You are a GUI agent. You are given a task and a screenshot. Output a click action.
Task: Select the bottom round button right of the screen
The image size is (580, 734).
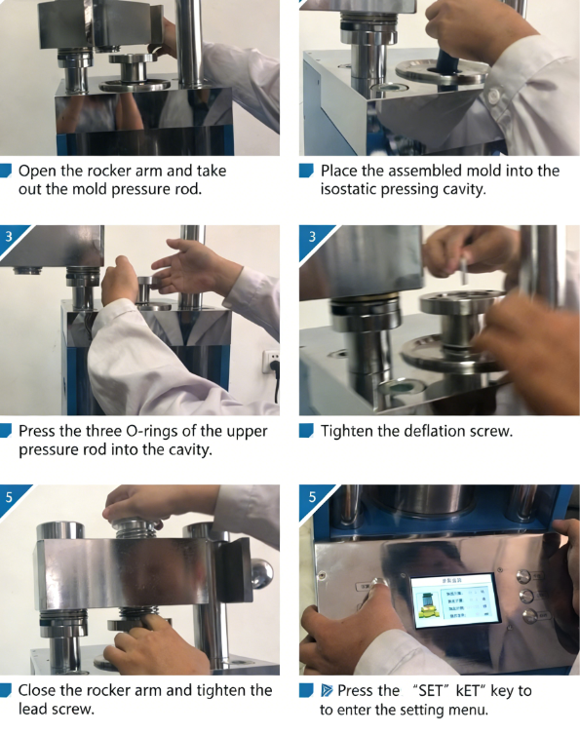(530, 616)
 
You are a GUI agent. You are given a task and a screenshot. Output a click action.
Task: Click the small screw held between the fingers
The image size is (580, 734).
(461, 265)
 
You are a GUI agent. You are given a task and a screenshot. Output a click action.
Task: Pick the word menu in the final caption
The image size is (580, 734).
(468, 710)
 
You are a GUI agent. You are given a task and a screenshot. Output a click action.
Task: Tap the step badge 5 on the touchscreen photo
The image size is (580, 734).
(312, 497)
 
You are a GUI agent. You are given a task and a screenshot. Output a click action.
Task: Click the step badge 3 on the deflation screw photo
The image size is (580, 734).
(312, 237)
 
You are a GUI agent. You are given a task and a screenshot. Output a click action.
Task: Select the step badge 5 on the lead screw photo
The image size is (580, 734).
(10, 497)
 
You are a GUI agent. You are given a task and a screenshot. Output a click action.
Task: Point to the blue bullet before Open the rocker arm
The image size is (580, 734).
(7, 171)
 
